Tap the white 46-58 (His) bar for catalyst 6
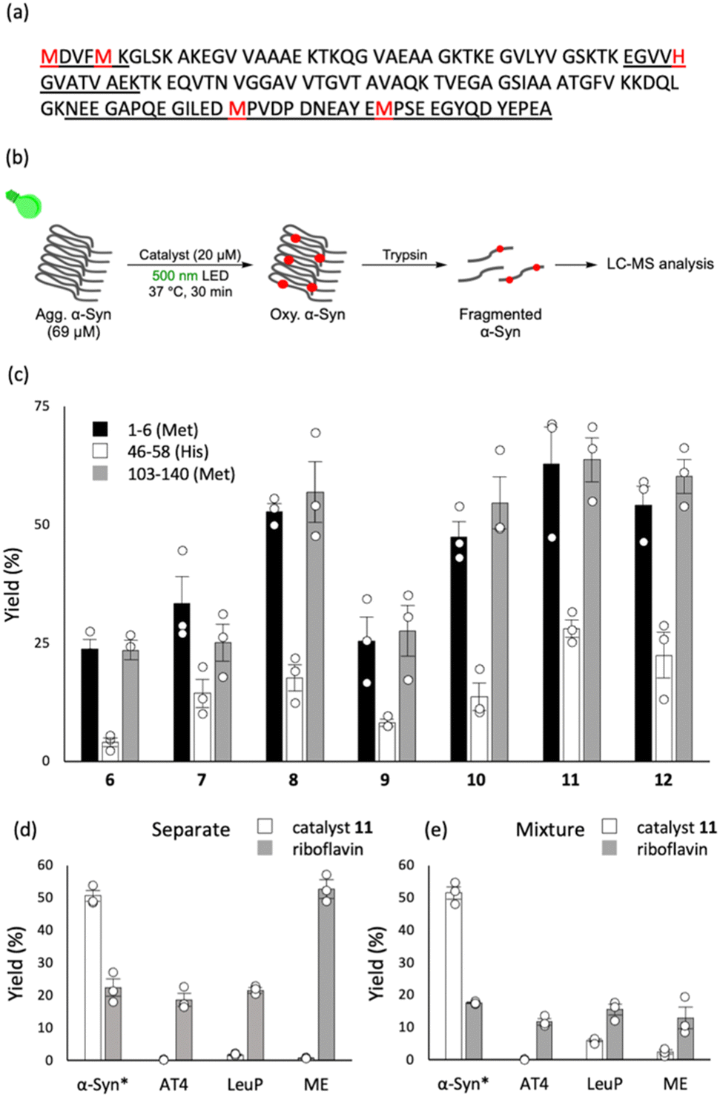click(110, 751)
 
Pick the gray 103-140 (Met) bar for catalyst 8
click(315, 626)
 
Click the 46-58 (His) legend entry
click(168, 451)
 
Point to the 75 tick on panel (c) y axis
click(42, 406)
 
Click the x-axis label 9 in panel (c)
click(384, 780)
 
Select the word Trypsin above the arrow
click(404, 255)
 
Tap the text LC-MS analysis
click(660, 264)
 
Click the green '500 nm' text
click(174, 276)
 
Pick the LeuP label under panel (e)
click(604, 1084)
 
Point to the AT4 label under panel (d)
click(174, 1084)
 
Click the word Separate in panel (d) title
click(191, 829)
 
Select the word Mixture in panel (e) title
click(550, 829)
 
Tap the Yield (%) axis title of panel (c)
click(14, 584)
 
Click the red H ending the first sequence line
click(678, 56)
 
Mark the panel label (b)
click(17, 157)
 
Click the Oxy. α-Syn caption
click(307, 314)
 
